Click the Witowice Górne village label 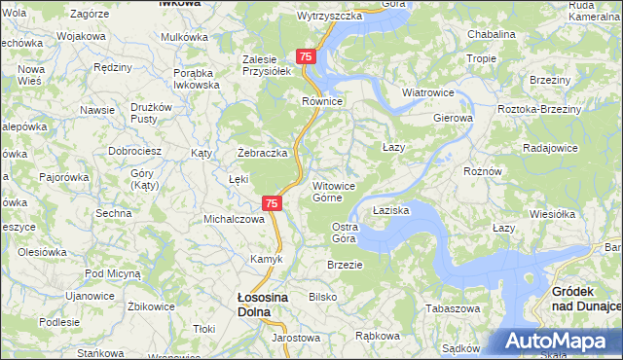coord(339,192)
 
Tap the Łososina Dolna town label coord(253,306)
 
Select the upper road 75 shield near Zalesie coord(307,58)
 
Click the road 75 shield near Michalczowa coord(272,203)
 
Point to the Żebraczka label coord(263,153)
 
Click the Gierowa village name coord(453,119)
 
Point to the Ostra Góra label coord(346,233)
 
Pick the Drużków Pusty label coord(151,113)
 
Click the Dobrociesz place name coord(134,152)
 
